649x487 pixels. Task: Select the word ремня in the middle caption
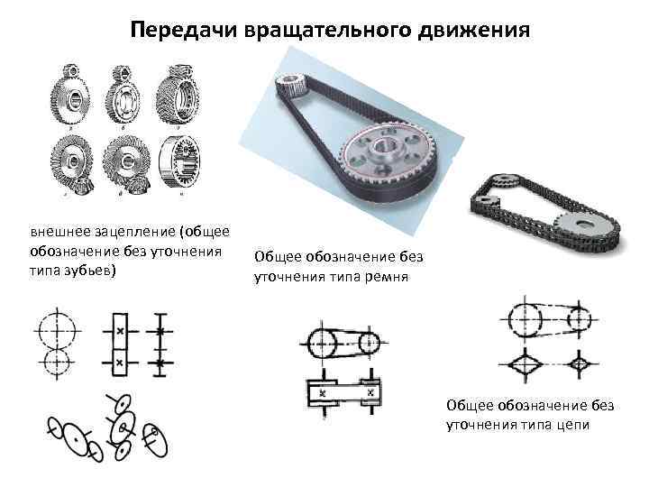pyautogui.click(x=387, y=278)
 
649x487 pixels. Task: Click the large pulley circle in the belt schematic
pyautogui.click(x=325, y=343)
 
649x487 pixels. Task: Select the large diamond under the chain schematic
pyautogui.click(x=527, y=363)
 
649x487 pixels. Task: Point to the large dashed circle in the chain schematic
pyautogui.click(x=527, y=318)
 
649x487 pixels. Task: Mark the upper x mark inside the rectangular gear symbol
pyautogui.click(x=119, y=332)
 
